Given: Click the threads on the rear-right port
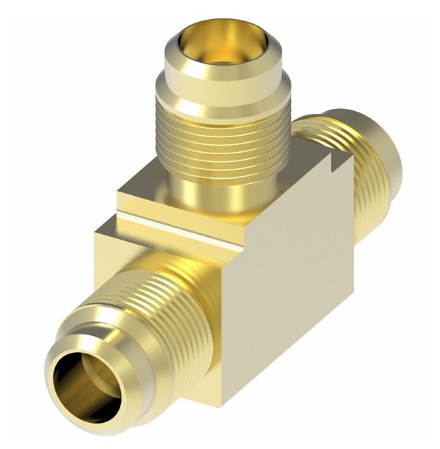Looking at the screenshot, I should (x=368, y=184).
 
